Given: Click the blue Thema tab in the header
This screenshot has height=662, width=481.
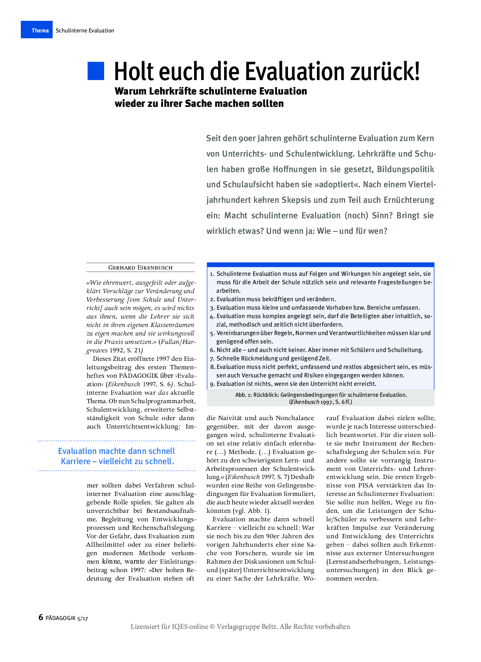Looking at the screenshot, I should [x=37, y=30].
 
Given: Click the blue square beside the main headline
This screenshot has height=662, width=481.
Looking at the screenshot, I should [x=96, y=71].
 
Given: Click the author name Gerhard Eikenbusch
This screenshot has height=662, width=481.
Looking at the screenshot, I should [x=140, y=267].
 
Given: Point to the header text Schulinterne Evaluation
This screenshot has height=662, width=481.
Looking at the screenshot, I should [x=85, y=30].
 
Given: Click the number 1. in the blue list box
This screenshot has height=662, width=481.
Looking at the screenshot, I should [x=212, y=274].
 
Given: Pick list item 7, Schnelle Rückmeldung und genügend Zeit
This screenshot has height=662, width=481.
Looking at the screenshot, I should [x=273, y=358].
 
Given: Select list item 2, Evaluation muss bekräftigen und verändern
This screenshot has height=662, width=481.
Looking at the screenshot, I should [x=276, y=299].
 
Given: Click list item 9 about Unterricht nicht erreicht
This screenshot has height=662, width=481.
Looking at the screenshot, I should [x=296, y=384].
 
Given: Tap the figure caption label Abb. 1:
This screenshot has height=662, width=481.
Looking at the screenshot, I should [x=243, y=395].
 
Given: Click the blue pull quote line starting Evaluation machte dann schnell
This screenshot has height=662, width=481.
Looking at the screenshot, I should [x=116, y=451].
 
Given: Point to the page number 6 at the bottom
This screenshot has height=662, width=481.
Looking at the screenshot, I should [x=41, y=617].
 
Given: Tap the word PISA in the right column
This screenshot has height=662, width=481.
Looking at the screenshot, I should [x=366, y=485].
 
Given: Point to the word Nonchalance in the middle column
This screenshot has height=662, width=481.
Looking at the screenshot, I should [x=295, y=418].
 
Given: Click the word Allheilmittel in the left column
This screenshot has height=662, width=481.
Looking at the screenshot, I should [x=105, y=545].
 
